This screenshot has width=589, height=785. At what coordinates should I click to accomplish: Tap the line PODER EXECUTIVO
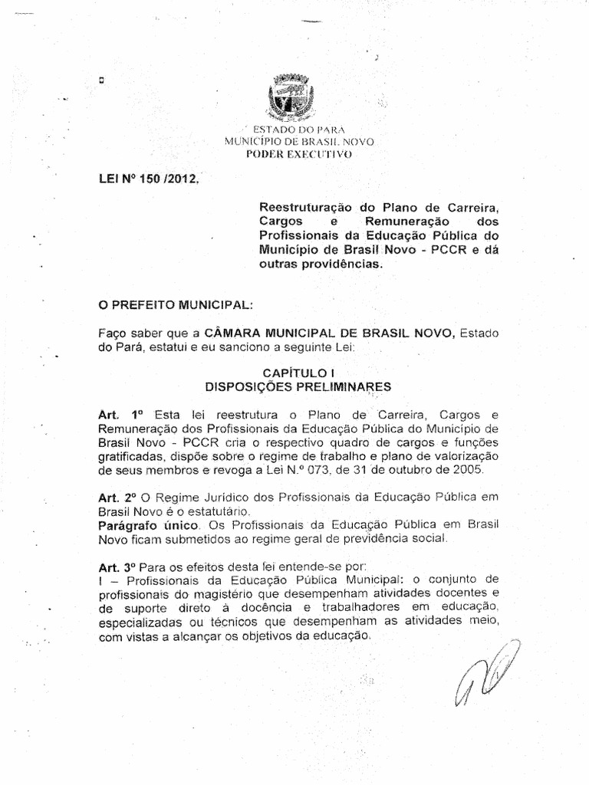click(297, 154)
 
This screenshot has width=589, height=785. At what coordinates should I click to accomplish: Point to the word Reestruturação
click(307, 207)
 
